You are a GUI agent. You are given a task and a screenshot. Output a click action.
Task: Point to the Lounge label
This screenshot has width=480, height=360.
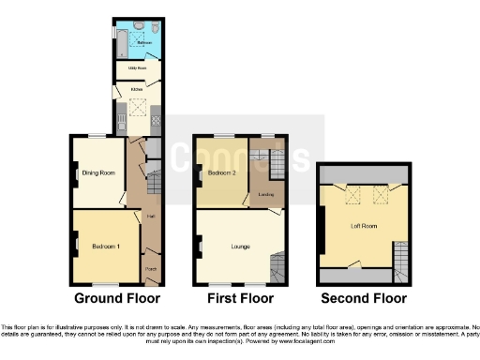coord(237,247)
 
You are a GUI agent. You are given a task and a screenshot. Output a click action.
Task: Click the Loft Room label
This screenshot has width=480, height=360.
coord(363,226)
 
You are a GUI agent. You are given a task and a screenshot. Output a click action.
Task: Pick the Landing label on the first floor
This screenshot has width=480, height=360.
coord(265,195)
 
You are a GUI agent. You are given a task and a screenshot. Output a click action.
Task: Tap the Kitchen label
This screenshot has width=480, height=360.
coord(136,90)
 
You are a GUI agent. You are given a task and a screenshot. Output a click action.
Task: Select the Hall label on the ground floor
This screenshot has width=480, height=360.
coord(149,217)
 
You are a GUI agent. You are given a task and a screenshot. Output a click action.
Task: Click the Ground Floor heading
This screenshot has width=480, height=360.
coord(116,298)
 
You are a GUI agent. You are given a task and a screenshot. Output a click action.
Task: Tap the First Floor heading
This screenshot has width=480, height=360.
coord(239,298)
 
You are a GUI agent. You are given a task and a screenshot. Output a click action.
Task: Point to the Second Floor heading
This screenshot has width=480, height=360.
coord(364,298)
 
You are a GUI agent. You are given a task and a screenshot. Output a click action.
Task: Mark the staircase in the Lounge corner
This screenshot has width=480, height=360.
coord(277,267)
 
